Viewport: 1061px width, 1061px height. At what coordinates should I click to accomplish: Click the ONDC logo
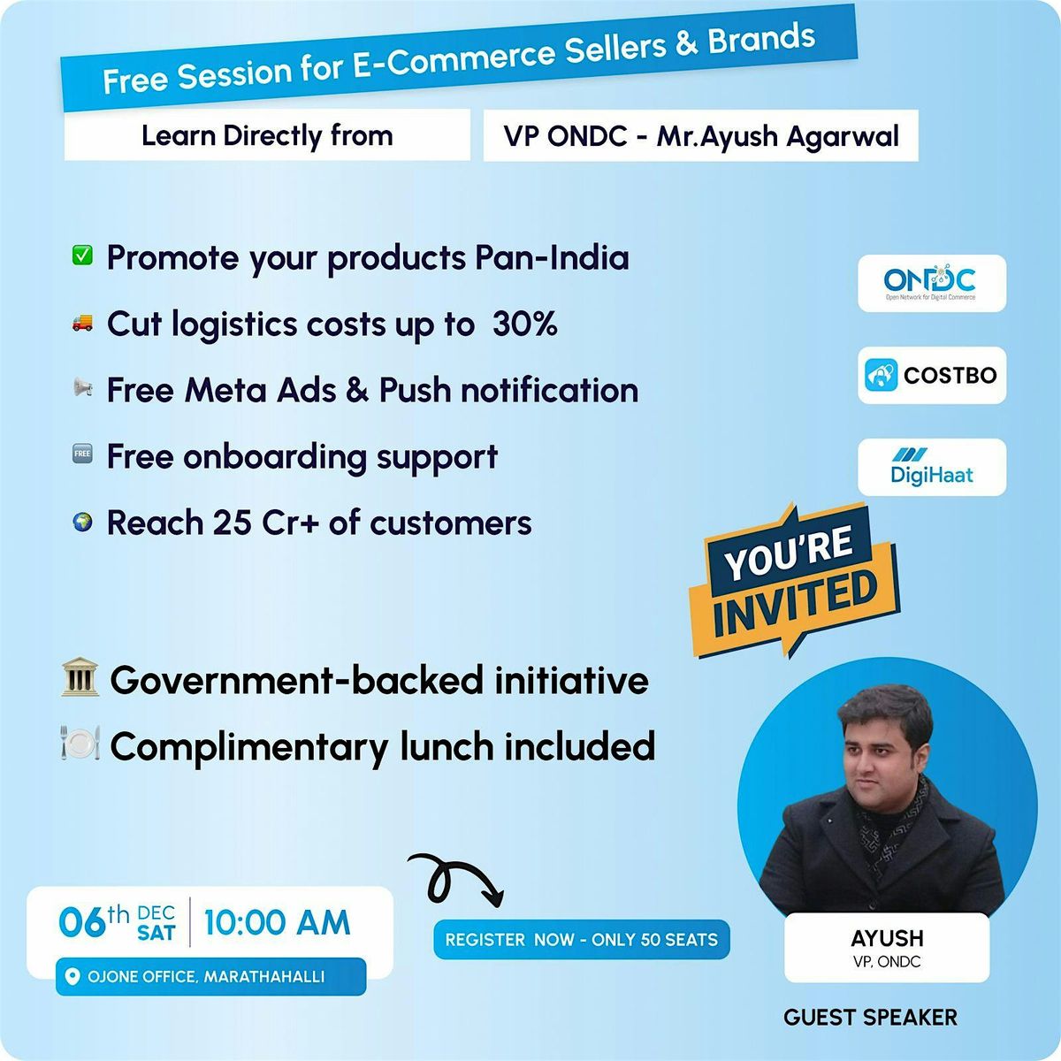coord(931,283)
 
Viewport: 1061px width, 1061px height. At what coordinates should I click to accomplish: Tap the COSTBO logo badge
coord(931,375)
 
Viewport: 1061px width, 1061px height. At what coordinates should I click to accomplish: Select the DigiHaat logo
coord(931,467)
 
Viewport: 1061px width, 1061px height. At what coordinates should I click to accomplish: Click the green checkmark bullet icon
coord(82,256)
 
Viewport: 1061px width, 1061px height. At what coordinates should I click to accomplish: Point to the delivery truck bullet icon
coord(82,324)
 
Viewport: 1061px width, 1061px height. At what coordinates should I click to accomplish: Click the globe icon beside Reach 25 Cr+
coord(82,523)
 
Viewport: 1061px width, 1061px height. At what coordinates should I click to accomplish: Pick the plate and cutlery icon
coord(80,744)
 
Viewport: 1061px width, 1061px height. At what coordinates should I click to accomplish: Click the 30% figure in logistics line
coord(525,324)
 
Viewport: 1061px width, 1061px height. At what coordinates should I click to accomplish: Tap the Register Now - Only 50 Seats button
coord(581,940)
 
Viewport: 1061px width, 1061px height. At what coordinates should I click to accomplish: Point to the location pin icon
coord(73,977)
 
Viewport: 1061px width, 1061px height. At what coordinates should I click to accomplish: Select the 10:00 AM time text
coord(277,923)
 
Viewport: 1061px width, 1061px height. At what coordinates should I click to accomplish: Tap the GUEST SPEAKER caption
coord(870,1018)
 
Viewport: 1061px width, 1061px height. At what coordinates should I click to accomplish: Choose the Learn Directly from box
coord(267,135)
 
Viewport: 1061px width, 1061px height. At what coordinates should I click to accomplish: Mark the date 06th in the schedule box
coord(93,923)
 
